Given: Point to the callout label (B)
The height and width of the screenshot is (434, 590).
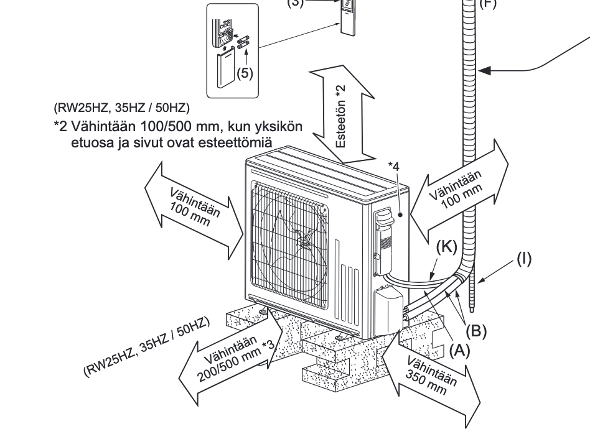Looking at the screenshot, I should click(x=476, y=329).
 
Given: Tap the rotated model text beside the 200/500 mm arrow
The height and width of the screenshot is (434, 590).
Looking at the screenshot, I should click(x=149, y=346).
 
